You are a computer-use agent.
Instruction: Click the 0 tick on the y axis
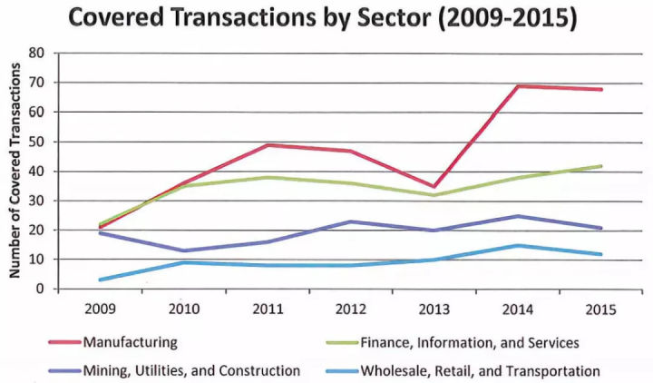(x=39, y=289)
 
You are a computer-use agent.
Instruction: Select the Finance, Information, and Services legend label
(x=469, y=343)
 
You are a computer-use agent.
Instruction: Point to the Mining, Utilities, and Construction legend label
(x=190, y=370)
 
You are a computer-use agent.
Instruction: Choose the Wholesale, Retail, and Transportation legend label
(x=479, y=370)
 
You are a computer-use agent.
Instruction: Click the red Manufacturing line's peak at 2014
(x=517, y=86)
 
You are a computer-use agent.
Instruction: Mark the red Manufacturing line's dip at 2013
(x=433, y=186)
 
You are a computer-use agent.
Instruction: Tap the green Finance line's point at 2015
(x=600, y=166)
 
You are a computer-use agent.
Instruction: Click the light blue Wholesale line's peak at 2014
(x=517, y=245)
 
